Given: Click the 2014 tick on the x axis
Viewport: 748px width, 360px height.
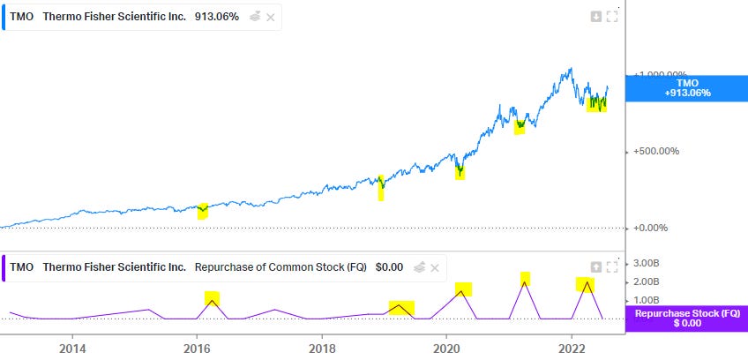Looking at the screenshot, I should coord(72,347).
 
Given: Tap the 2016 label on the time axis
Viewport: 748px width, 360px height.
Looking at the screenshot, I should coord(196,347).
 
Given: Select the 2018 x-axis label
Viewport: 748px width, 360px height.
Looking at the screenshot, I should coord(322,347).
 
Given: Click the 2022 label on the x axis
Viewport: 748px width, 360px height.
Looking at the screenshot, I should coord(572,347).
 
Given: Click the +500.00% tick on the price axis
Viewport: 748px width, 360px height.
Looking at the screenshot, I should coord(656,151).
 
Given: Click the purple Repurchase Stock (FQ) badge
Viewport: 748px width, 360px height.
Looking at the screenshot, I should coord(685,319).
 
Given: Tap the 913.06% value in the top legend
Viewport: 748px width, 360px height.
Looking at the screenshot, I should coord(217,17).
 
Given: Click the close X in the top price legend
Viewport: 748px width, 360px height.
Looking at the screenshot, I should coord(270,17).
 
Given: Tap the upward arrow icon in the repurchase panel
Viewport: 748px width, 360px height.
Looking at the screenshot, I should coord(596,266).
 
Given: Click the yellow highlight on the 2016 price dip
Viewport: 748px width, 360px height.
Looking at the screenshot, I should coord(203,210).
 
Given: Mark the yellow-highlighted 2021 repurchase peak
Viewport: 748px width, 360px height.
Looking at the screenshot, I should coord(525,279).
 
